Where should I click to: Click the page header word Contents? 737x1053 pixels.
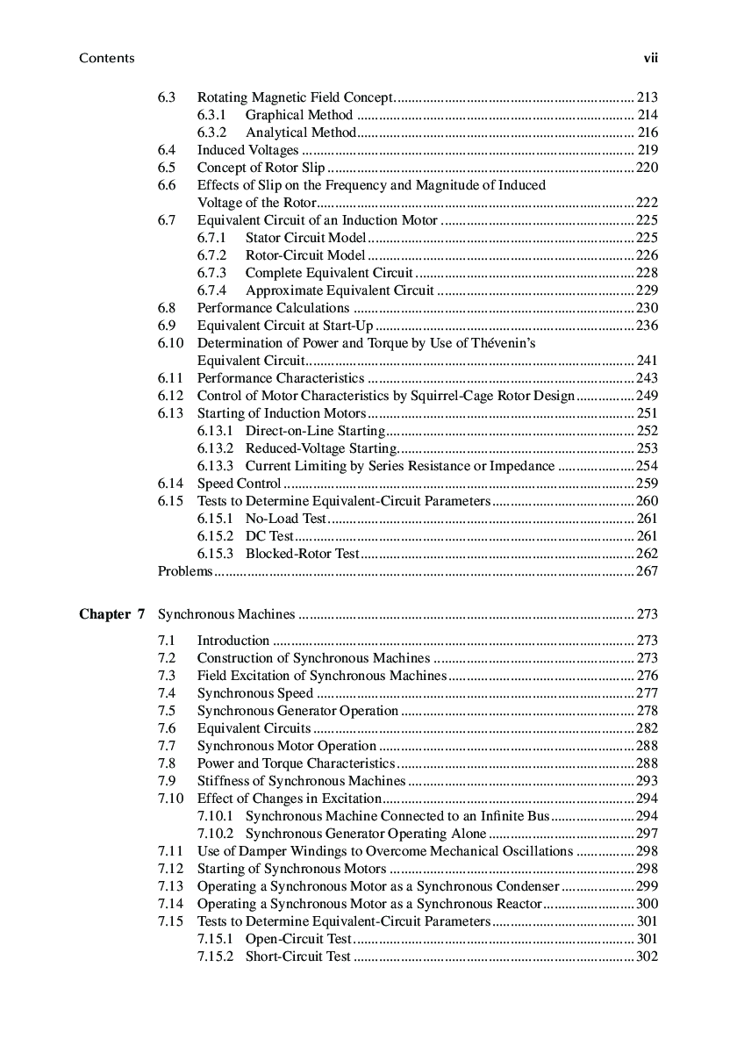point(106,58)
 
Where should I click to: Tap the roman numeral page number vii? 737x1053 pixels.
point(650,58)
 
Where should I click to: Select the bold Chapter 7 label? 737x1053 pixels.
point(111,614)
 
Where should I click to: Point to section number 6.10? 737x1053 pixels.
point(170,343)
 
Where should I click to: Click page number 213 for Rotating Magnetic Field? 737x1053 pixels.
point(648,97)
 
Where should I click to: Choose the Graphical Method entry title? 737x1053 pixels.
point(299,115)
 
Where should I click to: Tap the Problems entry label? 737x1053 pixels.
point(184,571)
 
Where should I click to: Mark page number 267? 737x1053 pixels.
point(648,571)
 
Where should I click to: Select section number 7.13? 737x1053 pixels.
point(170,886)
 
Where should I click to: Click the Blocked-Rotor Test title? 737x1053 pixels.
point(303,554)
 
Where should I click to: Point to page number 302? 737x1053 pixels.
point(648,956)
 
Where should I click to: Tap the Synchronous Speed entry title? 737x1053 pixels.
point(254,693)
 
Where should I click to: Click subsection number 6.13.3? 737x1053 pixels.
point(216,466)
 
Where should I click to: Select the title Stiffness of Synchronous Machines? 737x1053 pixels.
point(301,781)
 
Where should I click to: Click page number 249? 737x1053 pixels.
point(648,396)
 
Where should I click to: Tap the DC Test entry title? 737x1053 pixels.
point(269,536)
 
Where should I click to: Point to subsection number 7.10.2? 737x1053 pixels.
point(216,834)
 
